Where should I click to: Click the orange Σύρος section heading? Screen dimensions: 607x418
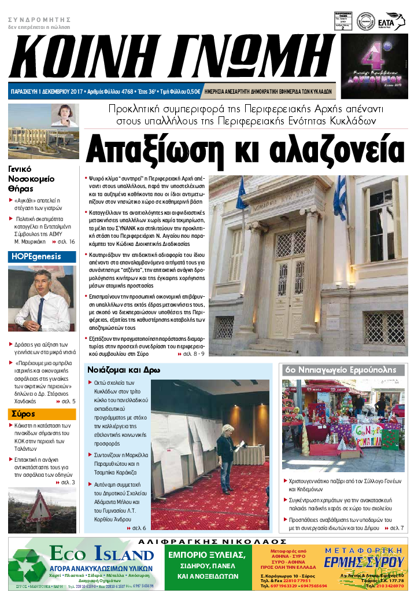(x=23, y=414)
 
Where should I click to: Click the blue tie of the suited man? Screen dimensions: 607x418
(x=40, y=310)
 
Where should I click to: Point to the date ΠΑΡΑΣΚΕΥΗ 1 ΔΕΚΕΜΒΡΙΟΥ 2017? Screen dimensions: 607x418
(x=47, y=91)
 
